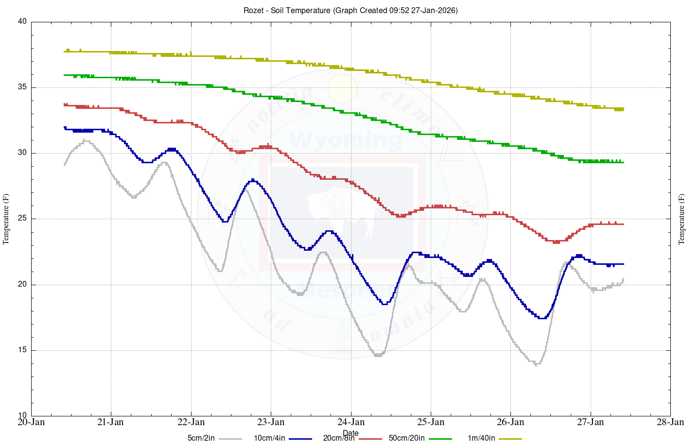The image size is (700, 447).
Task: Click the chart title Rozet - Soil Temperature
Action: click(350, 10)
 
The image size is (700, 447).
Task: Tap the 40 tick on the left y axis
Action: click(22, 22)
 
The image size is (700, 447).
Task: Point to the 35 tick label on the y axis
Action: click(22, 87)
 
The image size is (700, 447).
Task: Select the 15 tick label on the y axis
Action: click(22, 350)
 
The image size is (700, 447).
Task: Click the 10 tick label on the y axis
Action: click(22, 416)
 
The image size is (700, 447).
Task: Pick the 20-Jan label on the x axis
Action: click(31, 422)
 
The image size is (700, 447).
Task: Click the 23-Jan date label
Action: click(271, 422)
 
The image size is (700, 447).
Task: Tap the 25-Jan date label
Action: click(431, 422)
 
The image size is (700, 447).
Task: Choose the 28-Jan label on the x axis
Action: click(670, 422)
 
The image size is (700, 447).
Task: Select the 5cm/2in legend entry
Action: click(201, 438)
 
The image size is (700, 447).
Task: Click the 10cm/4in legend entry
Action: click(269, 438)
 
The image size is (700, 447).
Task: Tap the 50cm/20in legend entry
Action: click(406, 438)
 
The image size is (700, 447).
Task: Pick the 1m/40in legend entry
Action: click(481, 438)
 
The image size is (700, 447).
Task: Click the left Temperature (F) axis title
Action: click(6, 219)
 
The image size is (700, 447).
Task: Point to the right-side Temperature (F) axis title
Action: click(682, 219)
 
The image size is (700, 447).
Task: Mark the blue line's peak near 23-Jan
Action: click(253, 180)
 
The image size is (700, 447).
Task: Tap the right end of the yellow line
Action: click(623, 109)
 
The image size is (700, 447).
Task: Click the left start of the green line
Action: click(65, 75)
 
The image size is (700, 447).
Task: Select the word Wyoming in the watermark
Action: click(346, 139)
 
